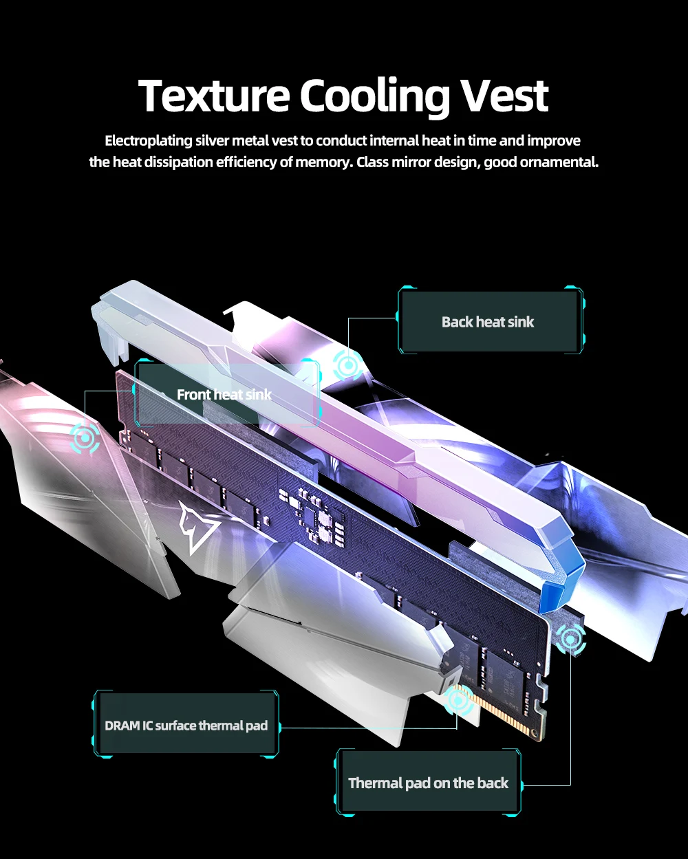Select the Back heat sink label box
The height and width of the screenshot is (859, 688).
pyautogui.click(x=488, y=322)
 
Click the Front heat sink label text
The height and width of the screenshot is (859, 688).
pyautogui.click(x=224, y=395)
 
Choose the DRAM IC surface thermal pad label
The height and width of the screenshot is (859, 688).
pyautogui.click(x=186, y=726)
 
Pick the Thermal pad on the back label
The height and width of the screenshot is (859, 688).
pyautogui.click(x=428, y=783)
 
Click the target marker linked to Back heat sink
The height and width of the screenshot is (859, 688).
pyautogui.click(x=348, y=365)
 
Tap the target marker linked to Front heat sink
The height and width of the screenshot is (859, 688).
pyautogui.click(x=85, y=437)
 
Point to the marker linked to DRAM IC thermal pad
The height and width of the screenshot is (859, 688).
pyautogui.click(x=458, y=700)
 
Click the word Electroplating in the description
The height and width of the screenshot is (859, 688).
pyautogui.click(x=148, y=141)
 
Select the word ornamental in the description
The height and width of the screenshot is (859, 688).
pyautogui.click(x=562, y=163)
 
